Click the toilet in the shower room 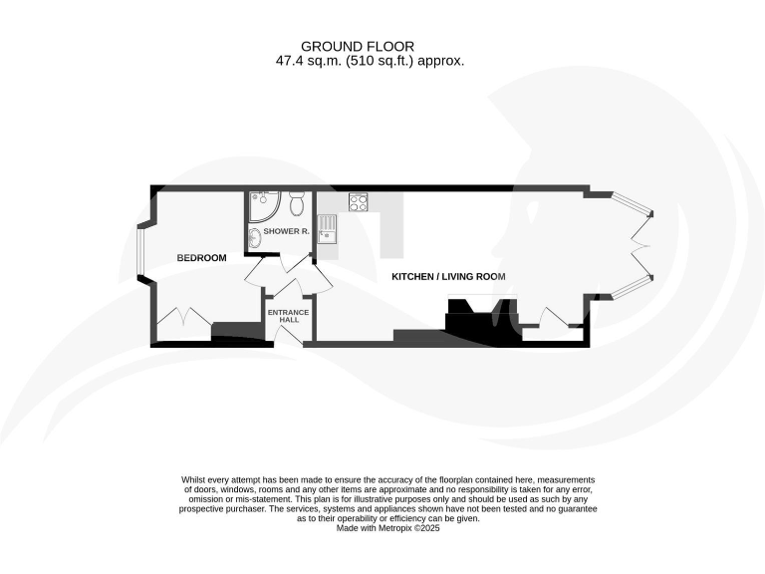click(x=296, y=206)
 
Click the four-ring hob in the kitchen click(x=359, y=202)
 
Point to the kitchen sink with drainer click(x=328, y=227)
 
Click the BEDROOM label click(x=201, y=258)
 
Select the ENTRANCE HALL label click(x=289, y=316)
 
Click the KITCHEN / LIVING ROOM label click(x=448, y=276)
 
